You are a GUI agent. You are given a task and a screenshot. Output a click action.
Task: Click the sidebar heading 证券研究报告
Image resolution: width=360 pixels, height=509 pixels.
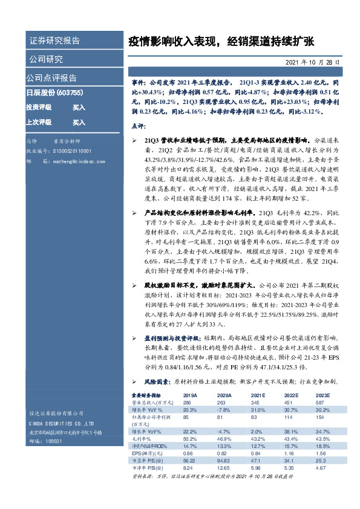(x=54, y=41)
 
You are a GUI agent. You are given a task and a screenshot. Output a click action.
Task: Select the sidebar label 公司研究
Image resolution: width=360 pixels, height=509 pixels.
(x=45, y=59)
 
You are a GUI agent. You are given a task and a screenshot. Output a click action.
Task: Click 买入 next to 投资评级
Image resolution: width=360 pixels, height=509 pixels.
(x=79, y=107)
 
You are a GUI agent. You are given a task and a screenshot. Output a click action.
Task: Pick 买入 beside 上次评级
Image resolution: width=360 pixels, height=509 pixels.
(x=79, y=122)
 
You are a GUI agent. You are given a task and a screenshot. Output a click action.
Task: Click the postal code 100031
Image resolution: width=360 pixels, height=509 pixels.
(x=55, y=443)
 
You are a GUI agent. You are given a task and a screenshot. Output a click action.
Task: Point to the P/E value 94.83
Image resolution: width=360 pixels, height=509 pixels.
(x=207, y=459)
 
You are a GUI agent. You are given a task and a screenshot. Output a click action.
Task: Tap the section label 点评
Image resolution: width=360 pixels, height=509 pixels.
(x=139, y=126)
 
